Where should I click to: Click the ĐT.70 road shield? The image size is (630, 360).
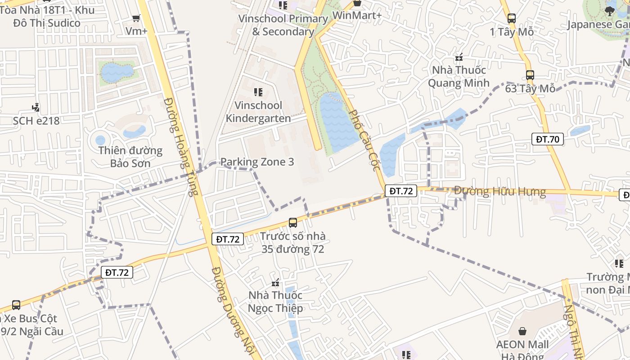click(x=548, y=139)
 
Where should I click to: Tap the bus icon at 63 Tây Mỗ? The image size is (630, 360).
click(x=530, y=75)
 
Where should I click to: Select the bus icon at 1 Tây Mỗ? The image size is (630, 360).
click(x=512, y=18)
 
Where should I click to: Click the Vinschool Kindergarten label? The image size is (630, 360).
click(x=258, y=112)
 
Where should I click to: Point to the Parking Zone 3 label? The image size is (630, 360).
click(x=257, y=162)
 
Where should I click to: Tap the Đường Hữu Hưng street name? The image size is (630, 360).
click(x=499, y=192)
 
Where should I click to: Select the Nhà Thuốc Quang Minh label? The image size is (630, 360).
click(x=459, y=76)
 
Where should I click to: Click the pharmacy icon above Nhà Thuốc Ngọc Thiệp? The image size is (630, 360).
click(x=275, y=283)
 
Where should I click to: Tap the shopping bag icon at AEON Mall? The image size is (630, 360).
click(x=522, y=331)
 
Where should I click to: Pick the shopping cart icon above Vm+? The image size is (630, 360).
click(x=136, y=18)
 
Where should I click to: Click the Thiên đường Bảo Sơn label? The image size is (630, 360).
click(x=130, y=157)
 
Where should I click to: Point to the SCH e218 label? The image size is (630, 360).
click(x=36, y=121)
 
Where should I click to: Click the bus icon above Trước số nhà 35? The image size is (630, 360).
click(x=292, y=222)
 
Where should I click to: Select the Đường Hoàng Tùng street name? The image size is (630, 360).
click(x=180, y=146)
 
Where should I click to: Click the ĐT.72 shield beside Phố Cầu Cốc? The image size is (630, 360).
click(x=401, y=191)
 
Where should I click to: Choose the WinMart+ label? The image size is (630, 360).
click(x=357, y=15)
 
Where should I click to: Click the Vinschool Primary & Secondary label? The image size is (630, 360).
click(x=283, y=25)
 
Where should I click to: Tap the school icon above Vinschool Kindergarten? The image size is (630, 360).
click(x=258, y=92)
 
